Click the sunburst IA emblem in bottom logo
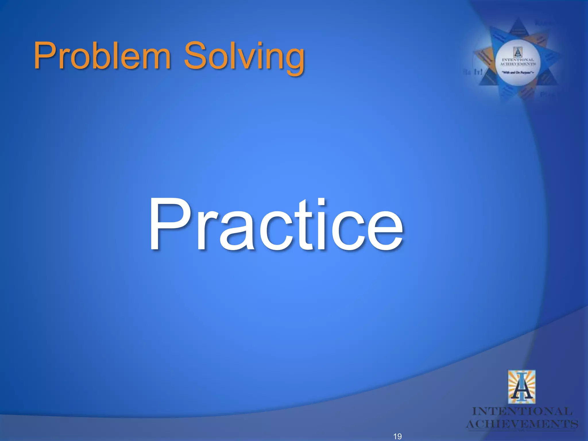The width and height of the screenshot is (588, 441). click(522, 387)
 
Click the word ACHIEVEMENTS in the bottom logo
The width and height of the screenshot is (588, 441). click(522, 424)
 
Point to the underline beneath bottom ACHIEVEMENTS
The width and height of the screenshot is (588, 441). click(522, 430)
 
